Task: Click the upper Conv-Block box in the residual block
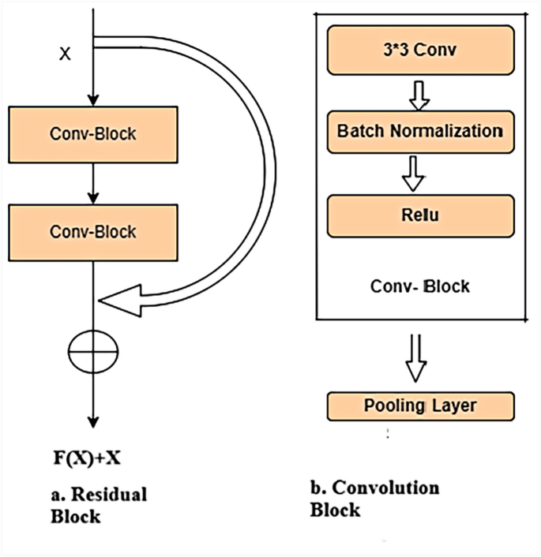tap(93, 133)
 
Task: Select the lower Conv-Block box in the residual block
tap(93, 232)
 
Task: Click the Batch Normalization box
tap(420, 131)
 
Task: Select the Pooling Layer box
tap(420, 406)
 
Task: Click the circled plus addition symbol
tap(94, 346)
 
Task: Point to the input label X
tap(66, 54)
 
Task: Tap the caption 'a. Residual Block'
tap(99, 505)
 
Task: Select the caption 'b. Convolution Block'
tap(374, 499)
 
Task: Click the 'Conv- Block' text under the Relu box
tap(420, 286)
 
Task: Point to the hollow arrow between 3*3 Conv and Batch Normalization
tap(419, 93)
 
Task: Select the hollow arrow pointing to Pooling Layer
tap(415, 359)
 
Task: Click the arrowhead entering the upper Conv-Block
tap(94, 100)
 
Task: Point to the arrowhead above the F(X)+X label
tap(94, 421)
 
